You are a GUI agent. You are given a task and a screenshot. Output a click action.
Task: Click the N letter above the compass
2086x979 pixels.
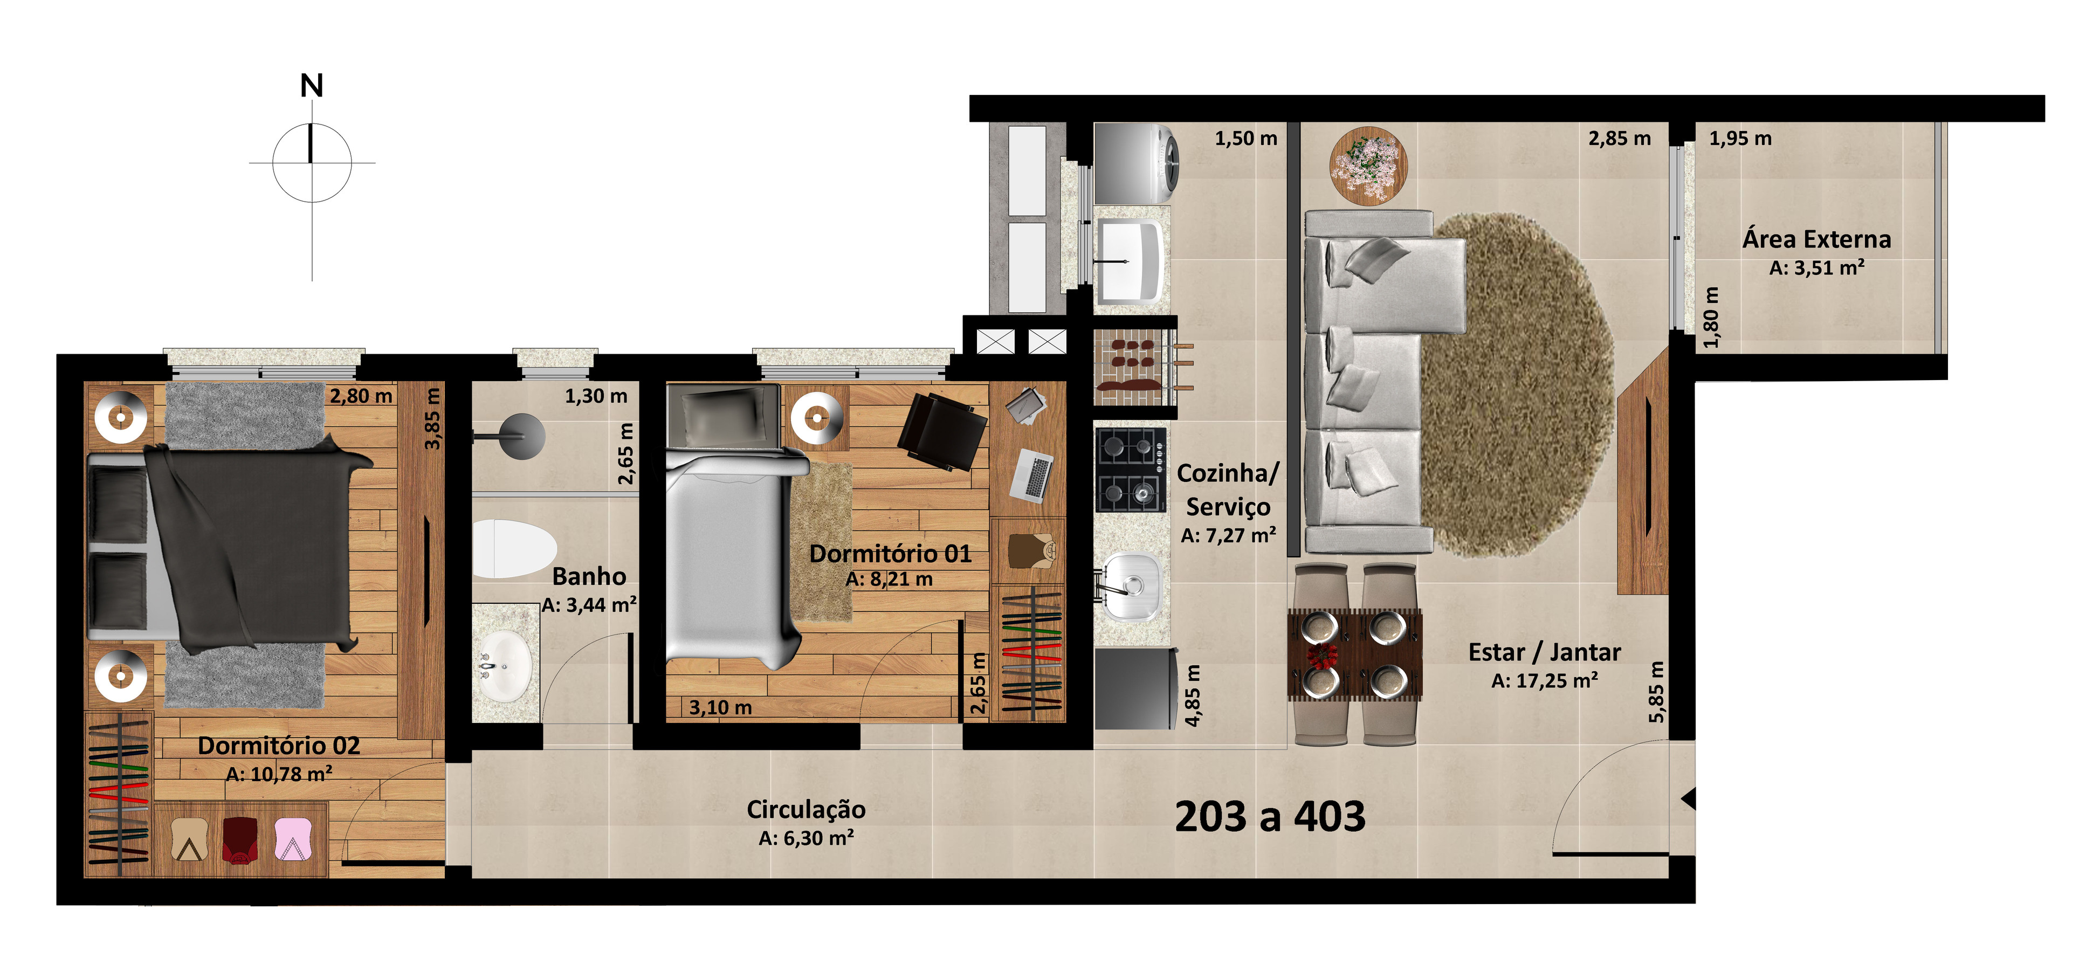[312, 86]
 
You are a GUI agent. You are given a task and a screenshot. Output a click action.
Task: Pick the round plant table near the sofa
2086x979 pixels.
[1368, 164]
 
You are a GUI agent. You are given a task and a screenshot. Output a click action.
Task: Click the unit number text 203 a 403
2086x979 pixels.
[1270, 816]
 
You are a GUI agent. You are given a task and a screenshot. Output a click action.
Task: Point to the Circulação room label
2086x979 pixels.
[806, 809]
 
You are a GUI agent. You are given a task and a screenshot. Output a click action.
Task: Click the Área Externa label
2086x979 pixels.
[1816, 240]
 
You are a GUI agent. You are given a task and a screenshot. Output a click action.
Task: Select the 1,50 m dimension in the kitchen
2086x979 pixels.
[1245, 139]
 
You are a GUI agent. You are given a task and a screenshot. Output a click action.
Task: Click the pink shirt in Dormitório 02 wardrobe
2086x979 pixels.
[292, 839]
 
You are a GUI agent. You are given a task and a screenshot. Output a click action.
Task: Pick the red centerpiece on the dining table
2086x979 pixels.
[1321, 654]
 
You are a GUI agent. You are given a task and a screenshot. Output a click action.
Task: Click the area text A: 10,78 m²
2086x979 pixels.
[279, 774]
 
